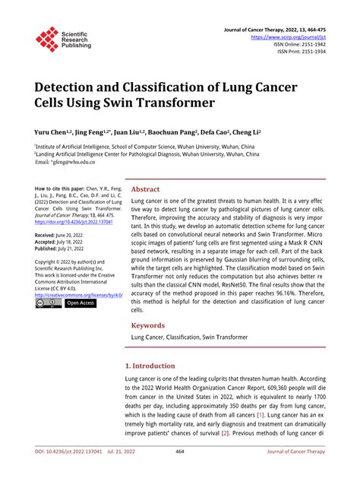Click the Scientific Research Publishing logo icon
[46, 40]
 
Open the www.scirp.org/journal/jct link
[292, 36]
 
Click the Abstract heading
[146, 189]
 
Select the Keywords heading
[149, 325]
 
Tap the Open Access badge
[81, 303]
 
